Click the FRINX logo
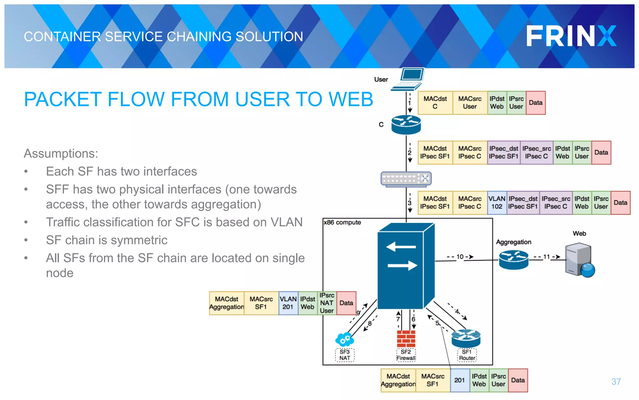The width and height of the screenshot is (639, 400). coord(571,36)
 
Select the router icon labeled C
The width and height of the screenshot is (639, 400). coord(406,125)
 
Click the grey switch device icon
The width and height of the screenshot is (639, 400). coord(406,179)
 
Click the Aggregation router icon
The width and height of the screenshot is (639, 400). coord(514,260)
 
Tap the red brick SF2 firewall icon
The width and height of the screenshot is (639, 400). coord(406,339)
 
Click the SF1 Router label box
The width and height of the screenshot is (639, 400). coord(467,355)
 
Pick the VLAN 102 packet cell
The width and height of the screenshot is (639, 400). coord(497,203)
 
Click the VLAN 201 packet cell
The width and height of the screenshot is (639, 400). coord(288,303)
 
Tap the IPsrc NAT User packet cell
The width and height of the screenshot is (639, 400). coord(327,303)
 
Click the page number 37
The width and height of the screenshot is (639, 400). coord(616,382)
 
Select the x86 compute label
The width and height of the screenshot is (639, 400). coord(342,222)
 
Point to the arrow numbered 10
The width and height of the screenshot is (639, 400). coord(460,257)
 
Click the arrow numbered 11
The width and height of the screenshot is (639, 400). coord(547,257)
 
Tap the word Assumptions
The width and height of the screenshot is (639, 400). coord(61,153)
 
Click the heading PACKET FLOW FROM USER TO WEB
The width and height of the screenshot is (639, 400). coord(198,99)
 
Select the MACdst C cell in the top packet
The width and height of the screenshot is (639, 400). coord(435,103)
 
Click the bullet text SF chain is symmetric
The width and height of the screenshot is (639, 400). coord(107,240)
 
